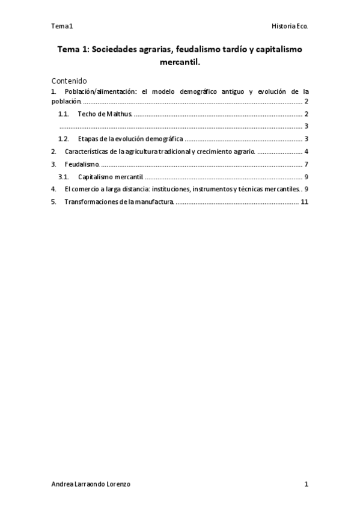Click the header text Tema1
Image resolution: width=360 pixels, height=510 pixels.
click(x=62, y=26)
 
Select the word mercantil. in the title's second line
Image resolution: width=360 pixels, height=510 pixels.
click(x=180, y=62)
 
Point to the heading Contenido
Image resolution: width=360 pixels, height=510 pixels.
click(x=69, y=81)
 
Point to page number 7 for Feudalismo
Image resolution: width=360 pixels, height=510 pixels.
click(x=306, y=164)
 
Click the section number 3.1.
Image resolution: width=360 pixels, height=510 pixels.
click(x=64, y=177)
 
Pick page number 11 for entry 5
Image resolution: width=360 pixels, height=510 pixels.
click(x=304, y=201)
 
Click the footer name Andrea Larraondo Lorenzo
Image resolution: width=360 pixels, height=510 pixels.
click(x=91, y=484)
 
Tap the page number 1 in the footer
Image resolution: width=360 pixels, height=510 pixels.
click(x=306, y=484)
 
